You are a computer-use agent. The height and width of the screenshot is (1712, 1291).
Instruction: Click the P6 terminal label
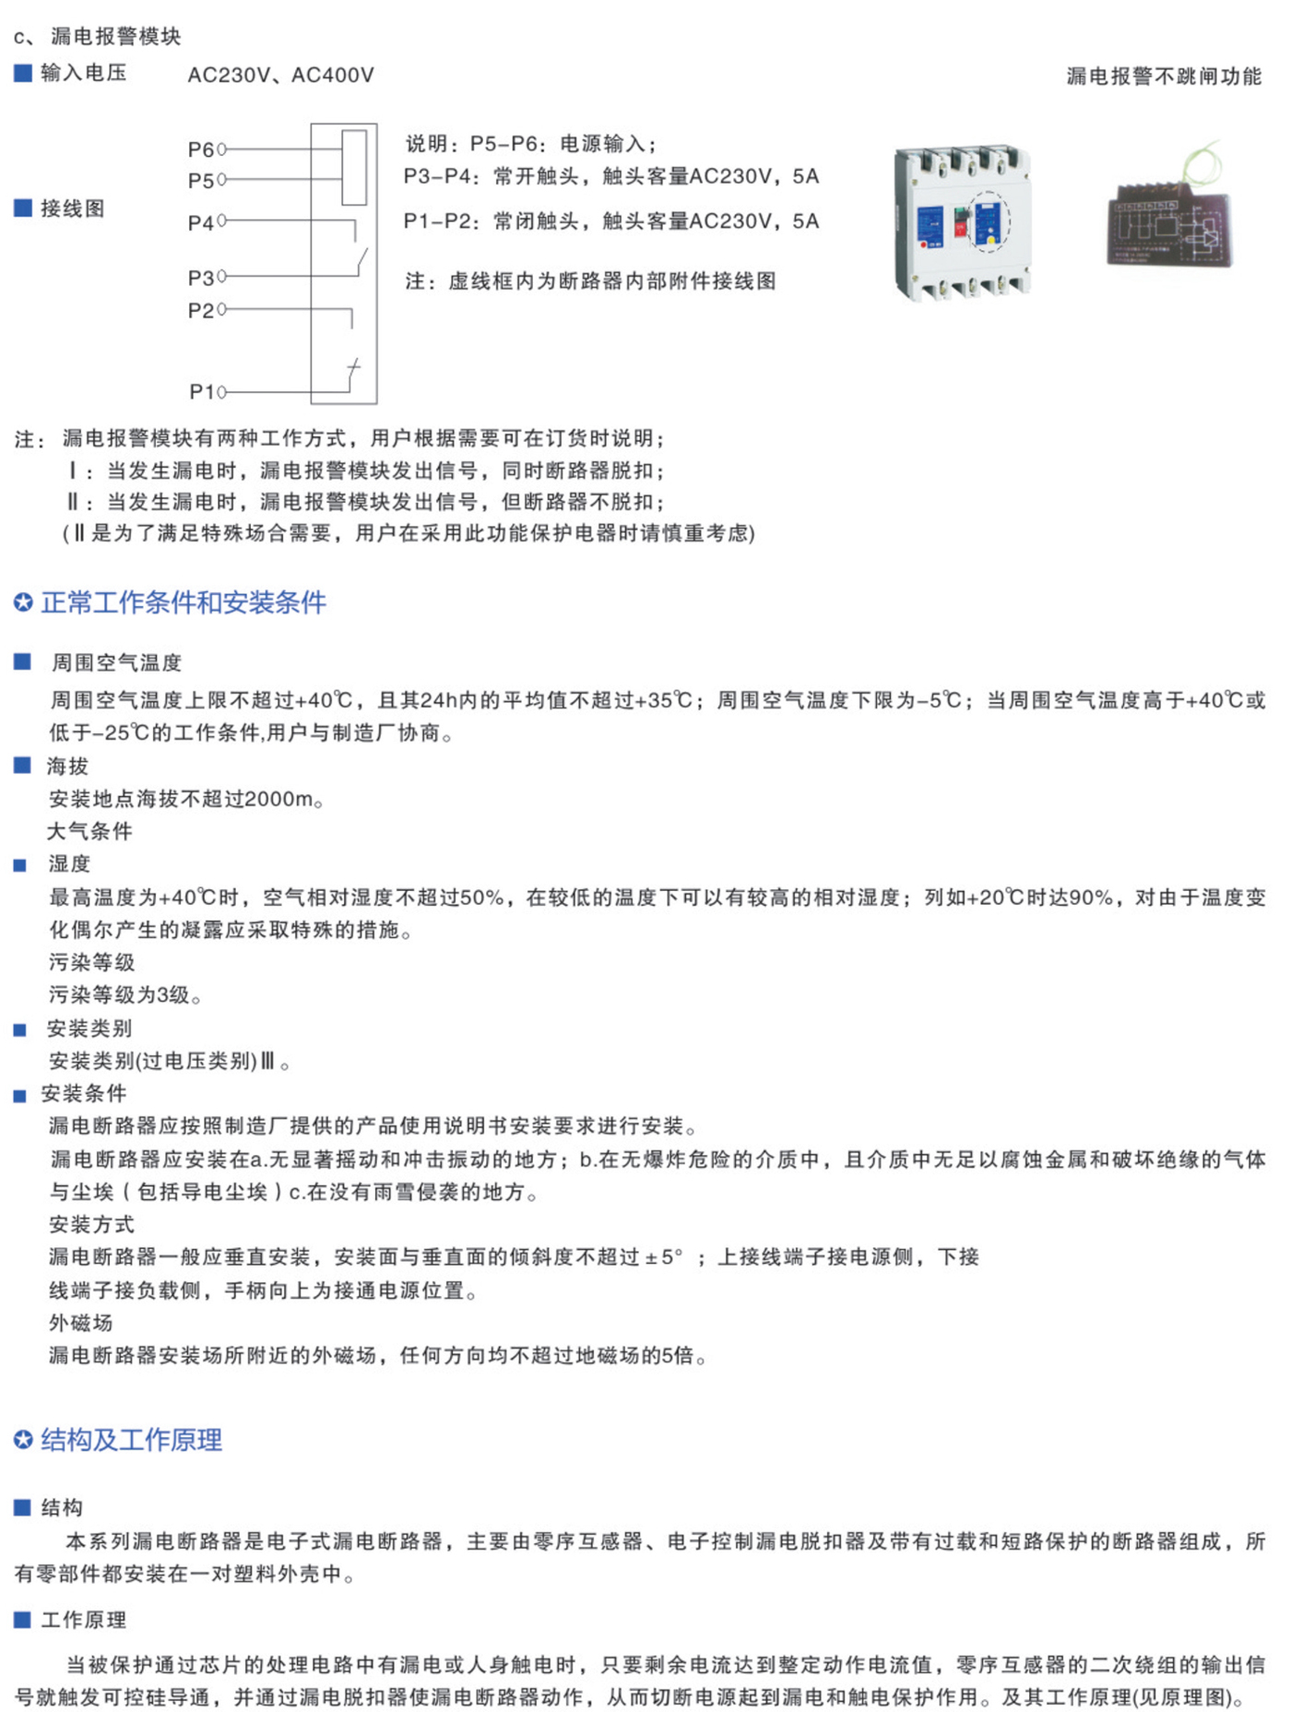tap(200, 149)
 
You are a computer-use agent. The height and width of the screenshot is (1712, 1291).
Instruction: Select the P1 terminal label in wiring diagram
tap(202, 392)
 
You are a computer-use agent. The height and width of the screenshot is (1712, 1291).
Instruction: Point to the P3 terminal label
tap(200, 278)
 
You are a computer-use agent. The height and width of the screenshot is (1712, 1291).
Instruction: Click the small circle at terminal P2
tap(221, 310)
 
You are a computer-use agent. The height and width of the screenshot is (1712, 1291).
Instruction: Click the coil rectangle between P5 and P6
tap(354, 167)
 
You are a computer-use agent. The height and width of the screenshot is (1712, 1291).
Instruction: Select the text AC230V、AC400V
tap(281, 76)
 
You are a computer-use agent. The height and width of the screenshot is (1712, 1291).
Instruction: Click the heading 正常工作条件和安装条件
tap(184, 603)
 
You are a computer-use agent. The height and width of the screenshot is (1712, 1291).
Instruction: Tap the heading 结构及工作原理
tap(132, 1440)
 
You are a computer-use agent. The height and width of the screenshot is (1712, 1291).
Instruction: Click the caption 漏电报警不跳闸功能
tap(1164, 77)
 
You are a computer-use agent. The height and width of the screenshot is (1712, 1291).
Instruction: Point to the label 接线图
tap(72, 208)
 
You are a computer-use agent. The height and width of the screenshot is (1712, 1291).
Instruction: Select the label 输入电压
tap(83, 73)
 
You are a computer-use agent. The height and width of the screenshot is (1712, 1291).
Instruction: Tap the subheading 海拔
tap(67, 767)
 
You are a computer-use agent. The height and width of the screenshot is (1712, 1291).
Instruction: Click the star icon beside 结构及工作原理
tap(23, 1440)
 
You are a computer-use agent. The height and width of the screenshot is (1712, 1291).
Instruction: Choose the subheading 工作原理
tap(84, 1620)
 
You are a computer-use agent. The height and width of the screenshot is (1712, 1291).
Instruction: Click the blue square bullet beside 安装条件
tap(20, 1096)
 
